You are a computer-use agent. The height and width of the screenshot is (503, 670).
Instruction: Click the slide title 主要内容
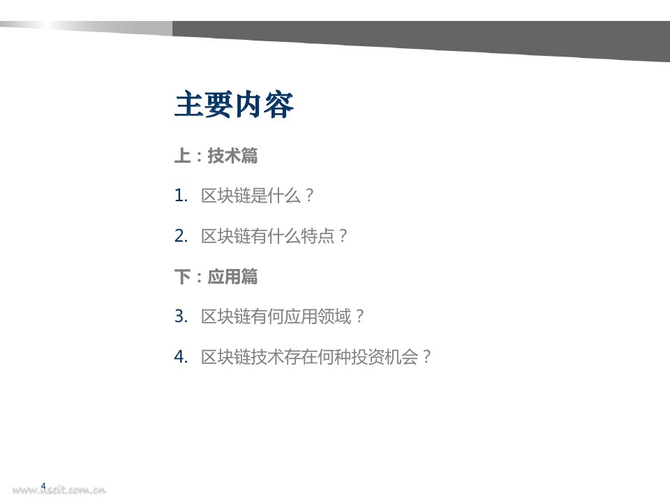pos(234,104)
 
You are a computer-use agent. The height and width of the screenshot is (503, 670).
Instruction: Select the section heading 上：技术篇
pos(216,156)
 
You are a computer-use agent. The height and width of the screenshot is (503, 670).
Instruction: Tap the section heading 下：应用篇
pos(216,277)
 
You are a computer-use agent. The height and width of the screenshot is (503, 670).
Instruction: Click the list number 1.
pos(181,196)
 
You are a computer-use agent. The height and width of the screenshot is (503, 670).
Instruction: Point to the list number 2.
pos(181,236)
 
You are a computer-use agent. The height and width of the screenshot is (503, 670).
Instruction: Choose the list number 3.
pos(181,316)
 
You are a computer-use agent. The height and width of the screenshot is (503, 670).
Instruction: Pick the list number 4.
pos(181,357)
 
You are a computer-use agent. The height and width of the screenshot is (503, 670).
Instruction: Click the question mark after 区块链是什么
pos(310,196)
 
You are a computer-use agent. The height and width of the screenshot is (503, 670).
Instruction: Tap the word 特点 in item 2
pos(318,236)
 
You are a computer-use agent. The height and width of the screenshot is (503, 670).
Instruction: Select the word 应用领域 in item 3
pos(318,316)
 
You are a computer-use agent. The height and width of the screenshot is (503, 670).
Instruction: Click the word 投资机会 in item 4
pos(385,357)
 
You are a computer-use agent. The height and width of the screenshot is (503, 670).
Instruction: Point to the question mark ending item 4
pos(426,357)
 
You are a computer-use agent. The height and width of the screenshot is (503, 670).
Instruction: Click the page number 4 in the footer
pos(43,486)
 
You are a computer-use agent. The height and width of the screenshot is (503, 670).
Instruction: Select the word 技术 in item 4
pos(267,357)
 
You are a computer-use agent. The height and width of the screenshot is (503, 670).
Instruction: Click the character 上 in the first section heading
pos(182,156)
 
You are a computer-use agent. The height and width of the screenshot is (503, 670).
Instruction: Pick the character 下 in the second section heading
pos(182,277)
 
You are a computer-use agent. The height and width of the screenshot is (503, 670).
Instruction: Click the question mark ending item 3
pos(359,316)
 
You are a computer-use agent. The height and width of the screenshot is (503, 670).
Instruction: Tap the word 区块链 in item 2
pos(225,236)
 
